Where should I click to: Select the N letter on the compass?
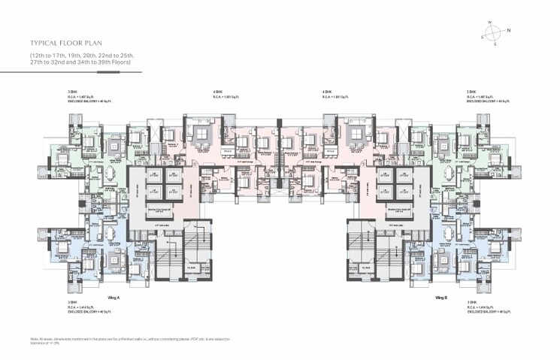[508, 30]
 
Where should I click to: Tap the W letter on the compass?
[489, 23]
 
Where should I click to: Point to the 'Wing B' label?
[442, 298]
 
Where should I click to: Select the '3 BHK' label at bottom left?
[71, 302]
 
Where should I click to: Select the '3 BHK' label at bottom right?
[471, 302]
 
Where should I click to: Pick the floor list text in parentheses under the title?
[81, 60]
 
